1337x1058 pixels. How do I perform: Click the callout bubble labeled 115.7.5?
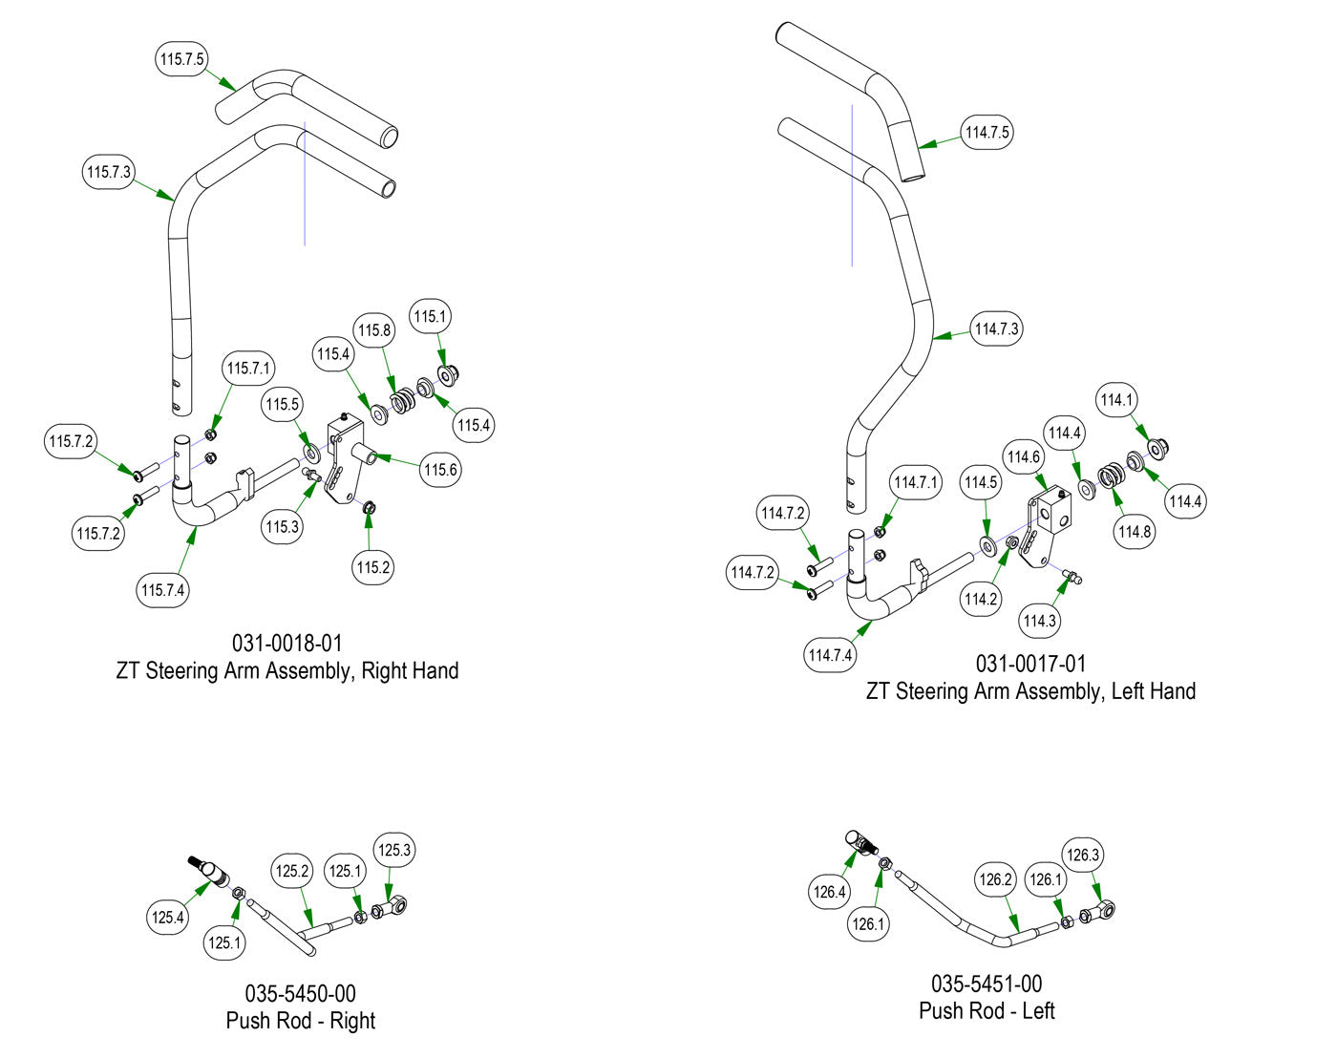tap(181, 59)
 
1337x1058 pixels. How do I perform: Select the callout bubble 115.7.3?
tap(109, 172)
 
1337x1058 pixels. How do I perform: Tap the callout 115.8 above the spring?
tap(374, 330)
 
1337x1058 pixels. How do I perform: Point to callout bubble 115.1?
tap(430, 316)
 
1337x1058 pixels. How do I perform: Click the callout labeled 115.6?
tap(440, 470)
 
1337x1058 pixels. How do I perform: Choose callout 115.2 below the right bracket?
tap(373, 567)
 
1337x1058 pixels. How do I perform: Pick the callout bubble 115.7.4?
tap(162, 590)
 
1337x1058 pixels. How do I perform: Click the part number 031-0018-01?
tap(286, 643)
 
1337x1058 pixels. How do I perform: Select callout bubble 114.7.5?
tap(987, 133)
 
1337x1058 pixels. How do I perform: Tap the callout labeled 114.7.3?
tap(996, 329)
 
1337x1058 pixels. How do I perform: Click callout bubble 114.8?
tap(1135, 532)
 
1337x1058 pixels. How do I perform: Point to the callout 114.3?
tap(1040, 621)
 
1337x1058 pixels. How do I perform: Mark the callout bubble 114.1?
tap(1116, 400)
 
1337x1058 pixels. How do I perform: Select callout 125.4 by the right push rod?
tap(167, 918)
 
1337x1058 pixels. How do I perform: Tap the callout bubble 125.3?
tap(394, 850)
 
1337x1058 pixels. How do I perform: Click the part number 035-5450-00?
tap(300, 993)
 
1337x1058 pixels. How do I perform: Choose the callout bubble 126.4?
tap(829, 892)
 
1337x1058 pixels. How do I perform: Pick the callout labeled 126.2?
tap(995, 879)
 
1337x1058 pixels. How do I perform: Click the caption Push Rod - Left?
tap(987, 1011)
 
